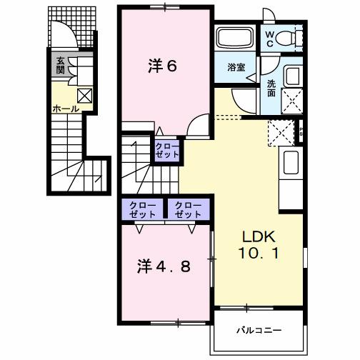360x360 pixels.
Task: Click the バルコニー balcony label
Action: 259,331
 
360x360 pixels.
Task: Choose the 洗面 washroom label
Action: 273,88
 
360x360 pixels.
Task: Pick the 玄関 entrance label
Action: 61,66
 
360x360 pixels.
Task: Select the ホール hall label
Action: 66,109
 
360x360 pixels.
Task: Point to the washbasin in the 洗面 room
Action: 292,76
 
